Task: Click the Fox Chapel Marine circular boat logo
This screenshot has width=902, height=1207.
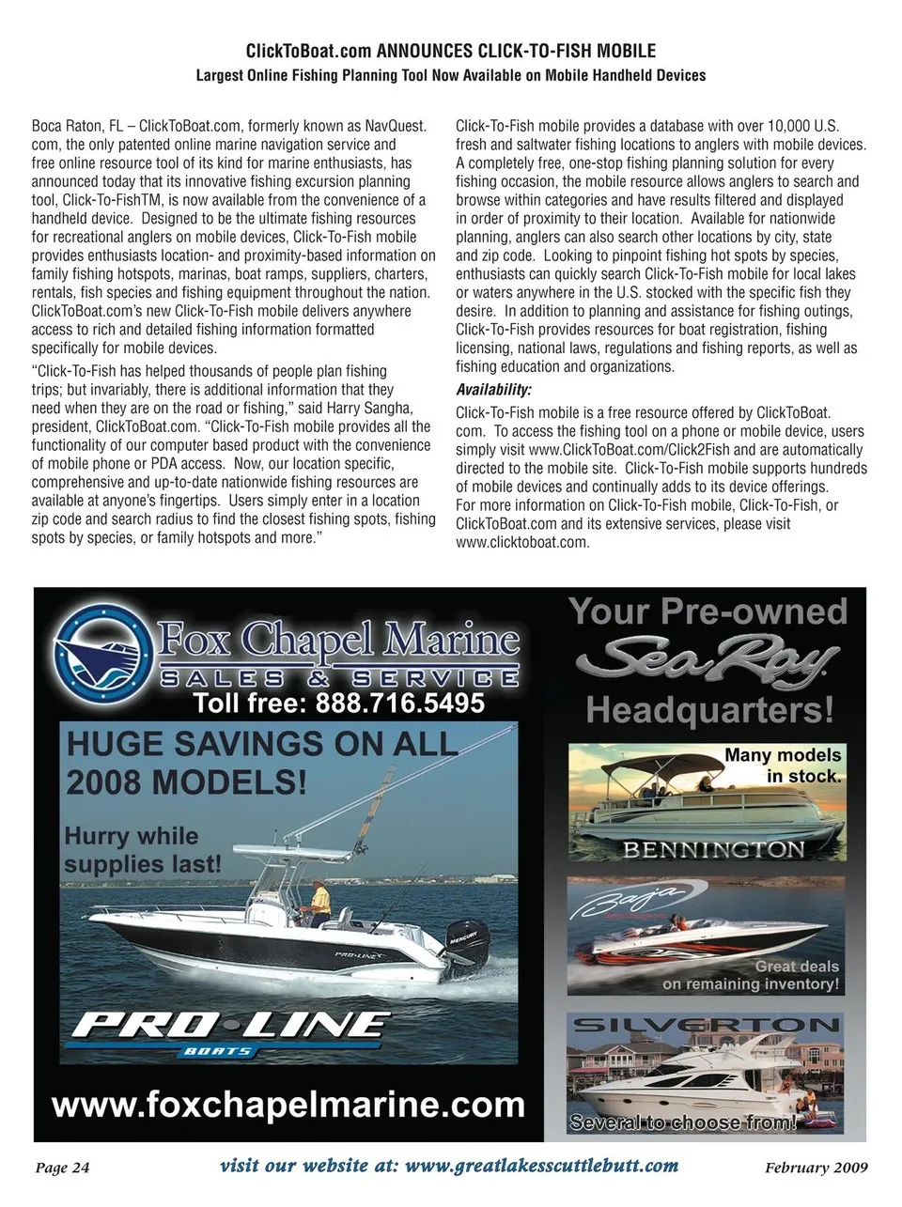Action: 102,648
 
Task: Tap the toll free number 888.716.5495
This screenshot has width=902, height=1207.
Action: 339,703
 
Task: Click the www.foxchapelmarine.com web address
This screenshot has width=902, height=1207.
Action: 288,1105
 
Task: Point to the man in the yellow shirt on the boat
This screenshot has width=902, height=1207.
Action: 319,903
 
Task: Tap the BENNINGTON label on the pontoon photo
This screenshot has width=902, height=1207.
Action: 714,850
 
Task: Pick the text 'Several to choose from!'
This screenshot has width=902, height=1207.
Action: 682,1122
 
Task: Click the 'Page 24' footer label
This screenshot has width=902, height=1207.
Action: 62,1168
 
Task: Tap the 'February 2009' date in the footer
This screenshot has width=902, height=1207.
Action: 816,1168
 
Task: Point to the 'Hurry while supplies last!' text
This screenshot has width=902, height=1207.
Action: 142,850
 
